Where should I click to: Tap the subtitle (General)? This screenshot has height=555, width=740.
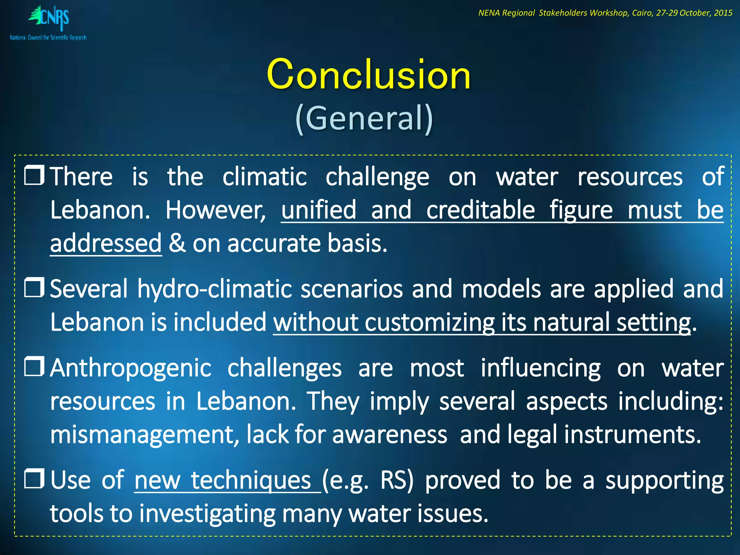click(364, 118)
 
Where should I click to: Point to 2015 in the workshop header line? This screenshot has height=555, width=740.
click(723, 13)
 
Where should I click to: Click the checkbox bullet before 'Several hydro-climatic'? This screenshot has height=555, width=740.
click(34, 288)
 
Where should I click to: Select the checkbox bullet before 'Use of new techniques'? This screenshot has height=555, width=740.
click(34, 479)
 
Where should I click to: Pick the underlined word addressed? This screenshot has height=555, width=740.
click(106, 244)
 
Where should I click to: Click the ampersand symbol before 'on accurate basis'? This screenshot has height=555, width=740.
click(177, 244)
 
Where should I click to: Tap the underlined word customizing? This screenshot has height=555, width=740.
click(429, 322)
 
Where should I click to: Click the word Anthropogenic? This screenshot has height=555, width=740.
click(130, 369)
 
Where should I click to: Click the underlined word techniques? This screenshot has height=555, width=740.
click(251, 481)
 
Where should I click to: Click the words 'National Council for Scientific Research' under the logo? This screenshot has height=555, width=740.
click(48, 38)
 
